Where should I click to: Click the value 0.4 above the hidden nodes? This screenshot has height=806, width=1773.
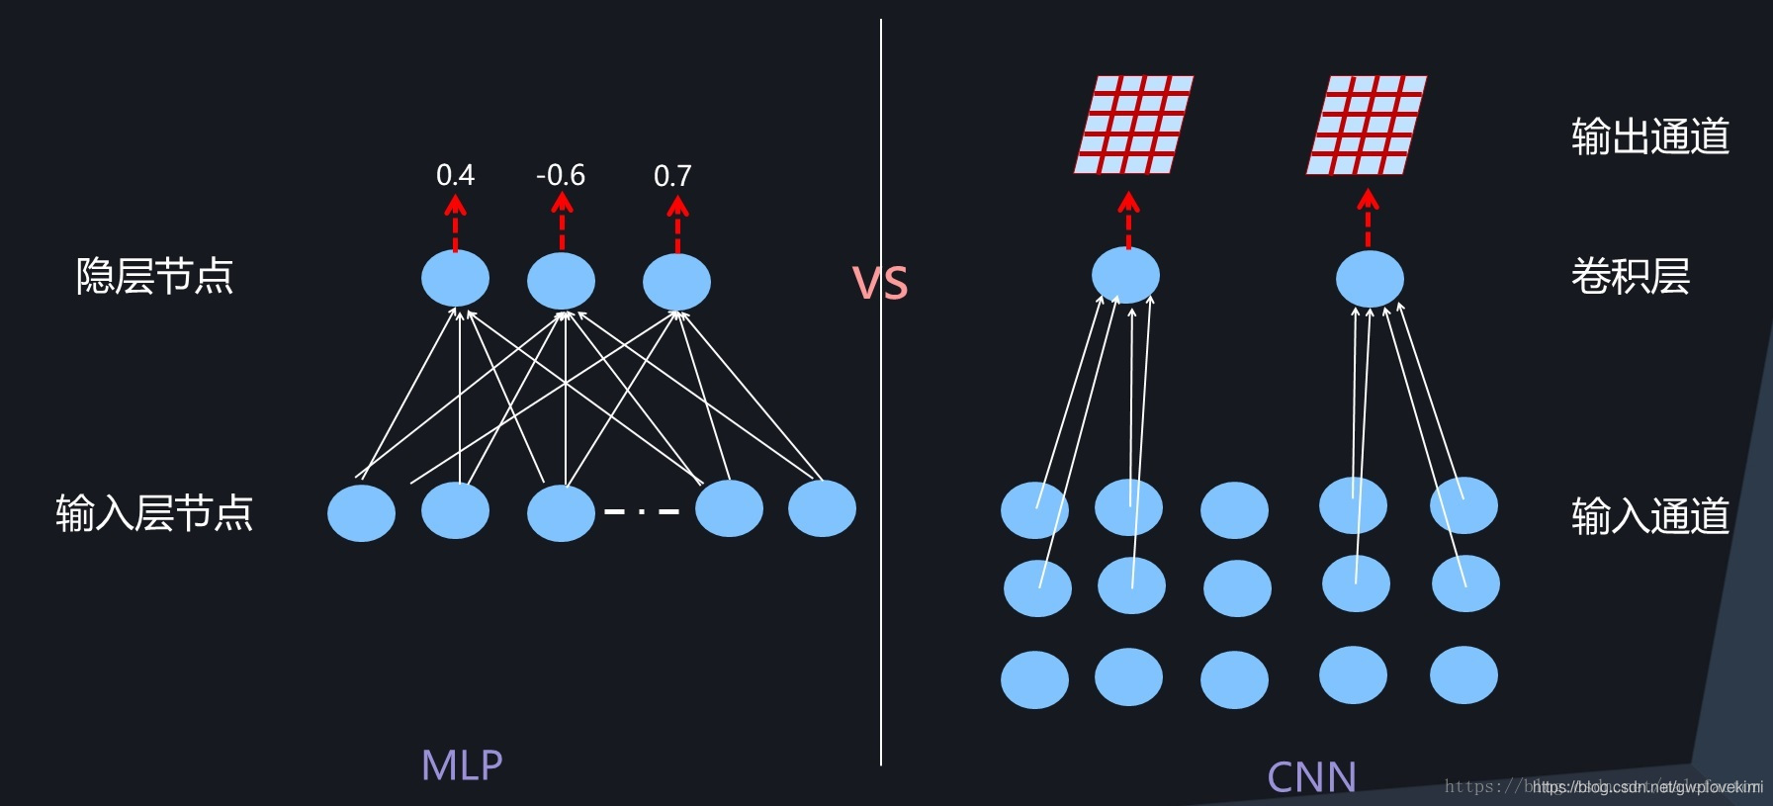[x=455, y=175]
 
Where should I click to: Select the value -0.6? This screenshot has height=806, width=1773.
[x=561, y=175]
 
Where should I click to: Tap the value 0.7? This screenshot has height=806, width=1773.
[x=672, y=176]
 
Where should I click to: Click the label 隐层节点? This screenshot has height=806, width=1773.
[x=154, y=276]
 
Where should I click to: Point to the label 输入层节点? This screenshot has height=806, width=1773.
[x=154, y=513]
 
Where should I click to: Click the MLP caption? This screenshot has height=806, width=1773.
[x=462, y=764]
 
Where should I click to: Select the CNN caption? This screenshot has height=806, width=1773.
[x=1311, y=777]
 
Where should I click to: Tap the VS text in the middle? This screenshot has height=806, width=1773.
[x=880, y=284]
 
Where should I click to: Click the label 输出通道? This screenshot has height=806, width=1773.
[x=1649, y=136]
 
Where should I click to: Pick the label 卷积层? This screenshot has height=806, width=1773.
[x=1630, y=276]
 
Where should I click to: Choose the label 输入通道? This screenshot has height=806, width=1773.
[x=1649, y=515]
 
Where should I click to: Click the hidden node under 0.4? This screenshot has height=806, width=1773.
[x=455, y=279]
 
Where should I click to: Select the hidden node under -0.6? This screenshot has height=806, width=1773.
[x=561, y=281]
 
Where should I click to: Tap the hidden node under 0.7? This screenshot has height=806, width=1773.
[x=676, y=282]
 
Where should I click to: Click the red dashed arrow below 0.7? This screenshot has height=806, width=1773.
[x=677, y=224]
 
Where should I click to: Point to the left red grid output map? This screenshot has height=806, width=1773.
[x=1133, y=125]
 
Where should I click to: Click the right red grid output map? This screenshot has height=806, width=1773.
[x=1367, y=125]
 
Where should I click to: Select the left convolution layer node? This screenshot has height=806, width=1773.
[x=1125, y=275]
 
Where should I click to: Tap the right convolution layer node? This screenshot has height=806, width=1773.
[x=1370, y=278]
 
